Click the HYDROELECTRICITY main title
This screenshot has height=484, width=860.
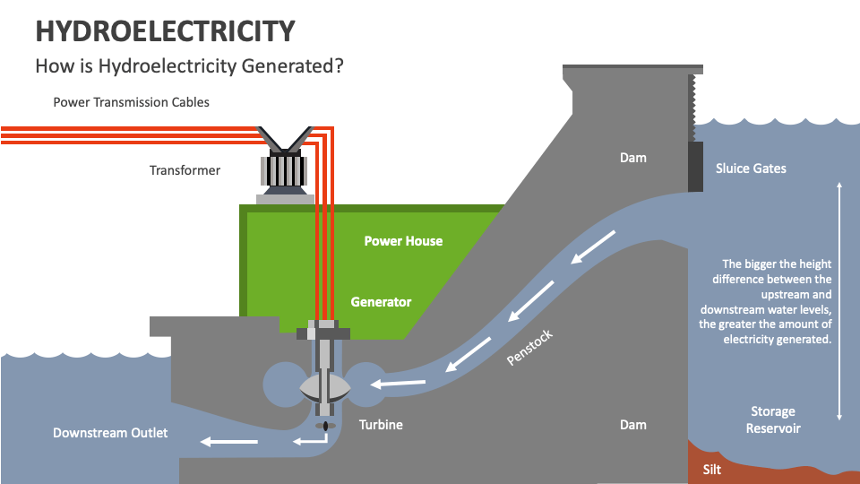click(165, 30)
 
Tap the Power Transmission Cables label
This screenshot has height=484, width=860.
click(131, 102)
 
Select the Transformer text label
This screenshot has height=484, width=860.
click(185, 170)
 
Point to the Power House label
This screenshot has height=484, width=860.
click(403, 241)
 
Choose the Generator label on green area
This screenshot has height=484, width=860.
click(381, 302)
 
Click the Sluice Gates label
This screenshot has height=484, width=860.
click(751, 169)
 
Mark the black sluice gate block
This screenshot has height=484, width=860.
click(695, 167)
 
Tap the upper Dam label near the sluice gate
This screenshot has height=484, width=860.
click(632, 158)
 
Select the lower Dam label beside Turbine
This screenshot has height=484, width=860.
click(632, 425)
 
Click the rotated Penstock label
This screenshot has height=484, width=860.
click(530, 348)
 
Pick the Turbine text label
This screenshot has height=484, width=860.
click(381, 425)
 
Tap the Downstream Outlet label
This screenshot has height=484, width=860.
click(110, 434)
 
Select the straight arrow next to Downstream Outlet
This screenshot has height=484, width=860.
click(228, 441)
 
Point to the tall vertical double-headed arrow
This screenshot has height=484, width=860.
click(839, 300)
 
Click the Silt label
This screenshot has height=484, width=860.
click(711, 469)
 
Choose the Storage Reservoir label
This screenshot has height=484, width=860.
click(772, 419)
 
